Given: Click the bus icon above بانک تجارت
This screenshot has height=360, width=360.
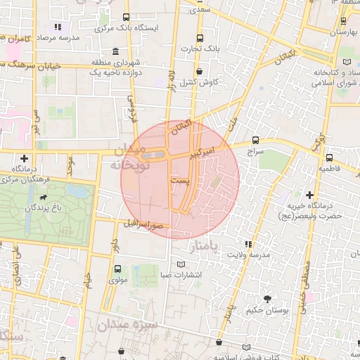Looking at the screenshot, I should coord(200,38).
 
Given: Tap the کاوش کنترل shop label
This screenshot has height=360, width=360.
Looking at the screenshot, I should coord(200,82).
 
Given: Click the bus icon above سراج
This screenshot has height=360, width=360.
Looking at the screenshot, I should coord(255,140).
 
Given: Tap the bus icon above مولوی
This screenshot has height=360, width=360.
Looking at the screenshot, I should coord(117,268).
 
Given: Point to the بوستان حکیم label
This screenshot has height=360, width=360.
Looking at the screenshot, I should coord(265,309).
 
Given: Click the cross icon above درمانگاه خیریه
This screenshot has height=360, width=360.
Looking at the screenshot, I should coord(309,194).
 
